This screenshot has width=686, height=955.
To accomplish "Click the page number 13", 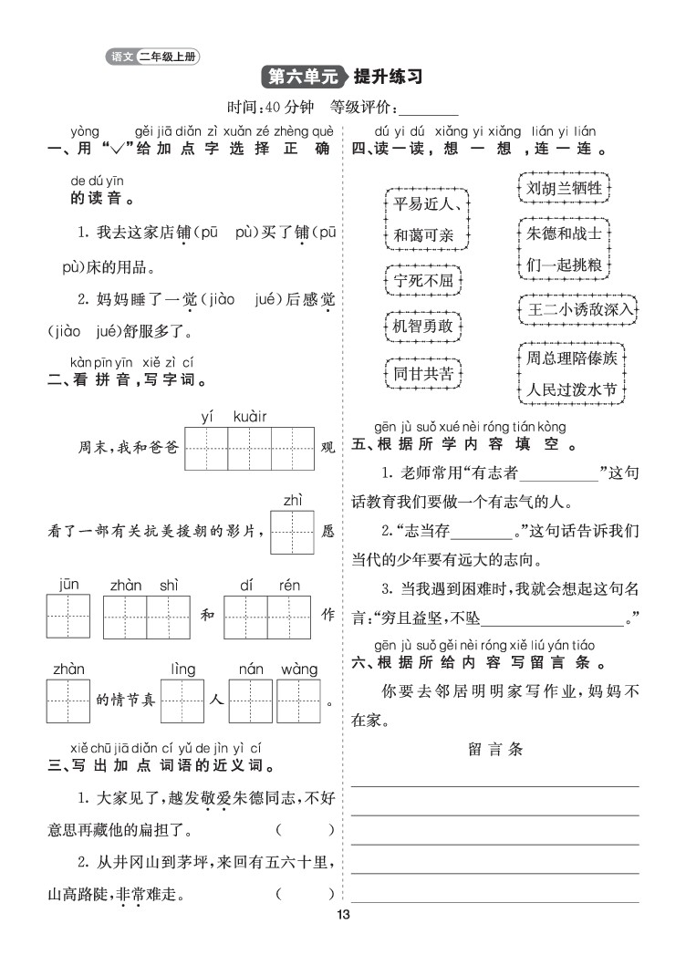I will pos(343,916).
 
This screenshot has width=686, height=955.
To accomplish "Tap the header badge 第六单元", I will pos(297,76).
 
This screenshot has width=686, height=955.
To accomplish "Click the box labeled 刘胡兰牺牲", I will pos(565,189).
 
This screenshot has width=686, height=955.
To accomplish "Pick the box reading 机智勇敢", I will pos(423,326).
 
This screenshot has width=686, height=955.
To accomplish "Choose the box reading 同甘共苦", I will pos(423,372).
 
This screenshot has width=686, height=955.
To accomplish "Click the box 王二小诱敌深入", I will pos(579,310).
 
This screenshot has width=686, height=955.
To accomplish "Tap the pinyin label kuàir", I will pos(250,416).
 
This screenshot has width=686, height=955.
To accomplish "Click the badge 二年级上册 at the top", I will pos(167,57).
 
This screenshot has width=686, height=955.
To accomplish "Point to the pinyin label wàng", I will pos(298,670).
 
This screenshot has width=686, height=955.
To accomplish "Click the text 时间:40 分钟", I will pos(272,105).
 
